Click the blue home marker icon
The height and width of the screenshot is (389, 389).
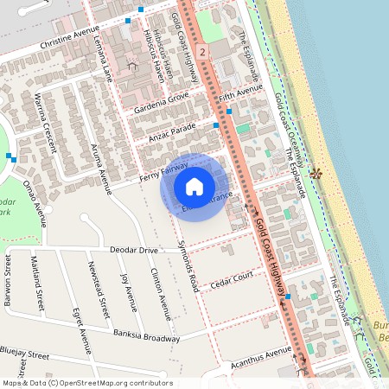tap(194, 186)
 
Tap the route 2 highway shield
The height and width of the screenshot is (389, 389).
tap(201, 53)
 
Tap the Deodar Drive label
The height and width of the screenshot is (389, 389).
tap(134, 250)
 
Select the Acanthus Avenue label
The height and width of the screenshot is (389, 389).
tap(262, 354)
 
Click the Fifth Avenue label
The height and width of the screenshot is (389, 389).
tap(240, 92)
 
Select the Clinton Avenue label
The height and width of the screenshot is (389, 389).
tap(160, 290)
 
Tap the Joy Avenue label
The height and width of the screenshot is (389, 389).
tap(129, 291)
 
